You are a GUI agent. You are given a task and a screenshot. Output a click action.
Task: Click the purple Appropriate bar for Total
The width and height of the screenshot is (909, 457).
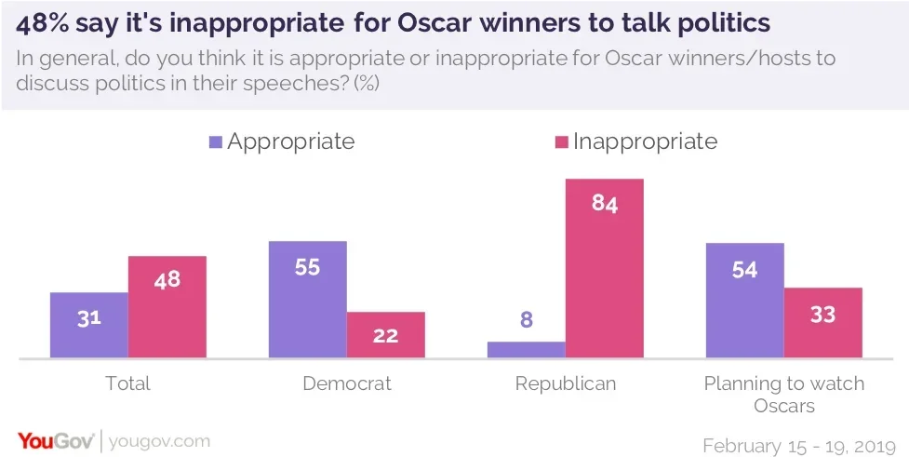point(89,325)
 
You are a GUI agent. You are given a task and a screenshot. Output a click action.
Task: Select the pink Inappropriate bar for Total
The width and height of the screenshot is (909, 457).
point(167,306)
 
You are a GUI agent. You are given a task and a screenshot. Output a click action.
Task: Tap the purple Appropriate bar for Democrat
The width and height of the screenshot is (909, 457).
point(307,299)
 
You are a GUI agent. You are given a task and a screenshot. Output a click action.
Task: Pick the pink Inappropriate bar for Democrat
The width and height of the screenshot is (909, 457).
point(385,334)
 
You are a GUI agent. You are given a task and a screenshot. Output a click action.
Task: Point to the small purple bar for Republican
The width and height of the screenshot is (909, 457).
point(526,349)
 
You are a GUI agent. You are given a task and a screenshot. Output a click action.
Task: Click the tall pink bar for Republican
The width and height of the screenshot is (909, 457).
point(604,268)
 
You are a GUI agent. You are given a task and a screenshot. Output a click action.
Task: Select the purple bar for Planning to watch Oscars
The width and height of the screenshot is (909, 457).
point(744,300)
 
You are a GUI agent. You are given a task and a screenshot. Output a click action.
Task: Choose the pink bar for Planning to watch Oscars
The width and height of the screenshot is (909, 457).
point(822,322)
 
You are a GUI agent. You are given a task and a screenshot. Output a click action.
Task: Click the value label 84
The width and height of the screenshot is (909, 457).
point(604,204)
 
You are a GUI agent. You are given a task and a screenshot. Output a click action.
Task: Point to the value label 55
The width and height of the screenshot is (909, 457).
point(307,267)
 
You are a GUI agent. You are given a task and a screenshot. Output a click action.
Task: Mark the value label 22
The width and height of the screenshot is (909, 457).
point(385,337)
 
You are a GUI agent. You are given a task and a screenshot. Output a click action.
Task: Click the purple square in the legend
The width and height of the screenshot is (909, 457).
point(216,142)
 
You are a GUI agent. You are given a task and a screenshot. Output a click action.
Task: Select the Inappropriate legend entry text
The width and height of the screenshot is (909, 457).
point(645,141)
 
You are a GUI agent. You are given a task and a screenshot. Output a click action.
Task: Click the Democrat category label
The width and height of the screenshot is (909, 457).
point(346,383)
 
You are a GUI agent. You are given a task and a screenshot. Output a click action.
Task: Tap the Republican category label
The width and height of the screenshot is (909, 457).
point(565,383)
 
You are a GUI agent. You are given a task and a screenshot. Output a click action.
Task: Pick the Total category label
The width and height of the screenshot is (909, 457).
point(128,383)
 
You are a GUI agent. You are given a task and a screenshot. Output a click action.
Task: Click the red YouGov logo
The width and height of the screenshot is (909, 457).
point(55,440)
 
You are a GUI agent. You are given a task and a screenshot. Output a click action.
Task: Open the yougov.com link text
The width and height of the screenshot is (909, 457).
point(159,440)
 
